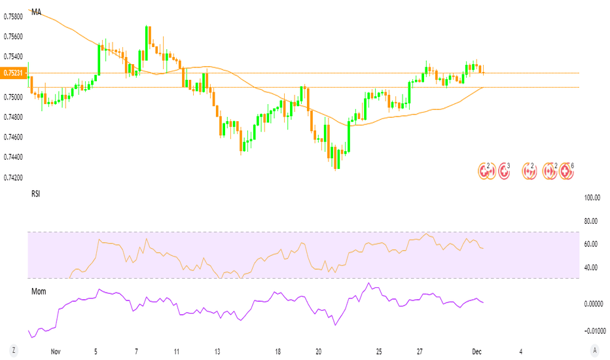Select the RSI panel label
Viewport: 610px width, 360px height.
pyautogui.click(x=35, y=194)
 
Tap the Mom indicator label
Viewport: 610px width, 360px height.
pyautogui.click(x=39, y=291)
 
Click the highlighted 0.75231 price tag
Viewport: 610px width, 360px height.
pyautogui.click(x=13, y=73)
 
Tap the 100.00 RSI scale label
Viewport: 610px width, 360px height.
pyautogui.click(x=592, y=198)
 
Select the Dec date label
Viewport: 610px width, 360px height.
pyautogui.click(x=476, y=351)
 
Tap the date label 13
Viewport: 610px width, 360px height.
pyautogui.click(x=217, y=351)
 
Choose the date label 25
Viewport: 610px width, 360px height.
pyautogui.click(x=379, y=351)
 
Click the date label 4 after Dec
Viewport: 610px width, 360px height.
pyautogui.click(x=520, y=351)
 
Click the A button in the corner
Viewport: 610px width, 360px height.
pyautogui.click(x=594, y=349)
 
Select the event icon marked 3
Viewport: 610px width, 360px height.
pyautogui.click(x=503, y=172)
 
